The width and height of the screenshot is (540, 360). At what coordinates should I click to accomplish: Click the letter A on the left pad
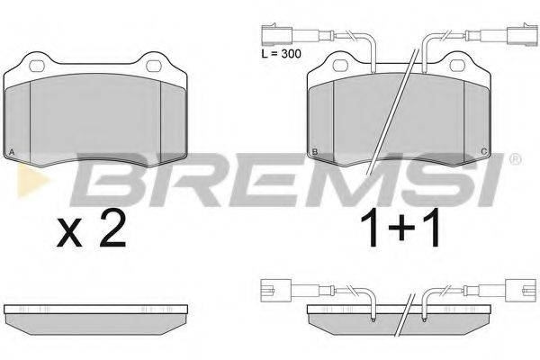pyautogui.click(x=11, y=150)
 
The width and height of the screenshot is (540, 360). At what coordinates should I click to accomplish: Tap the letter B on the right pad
pyautogui.click(x=313, y=150)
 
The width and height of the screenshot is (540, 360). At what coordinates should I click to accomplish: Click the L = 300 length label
pyautogui.click(x=276, y=56)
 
